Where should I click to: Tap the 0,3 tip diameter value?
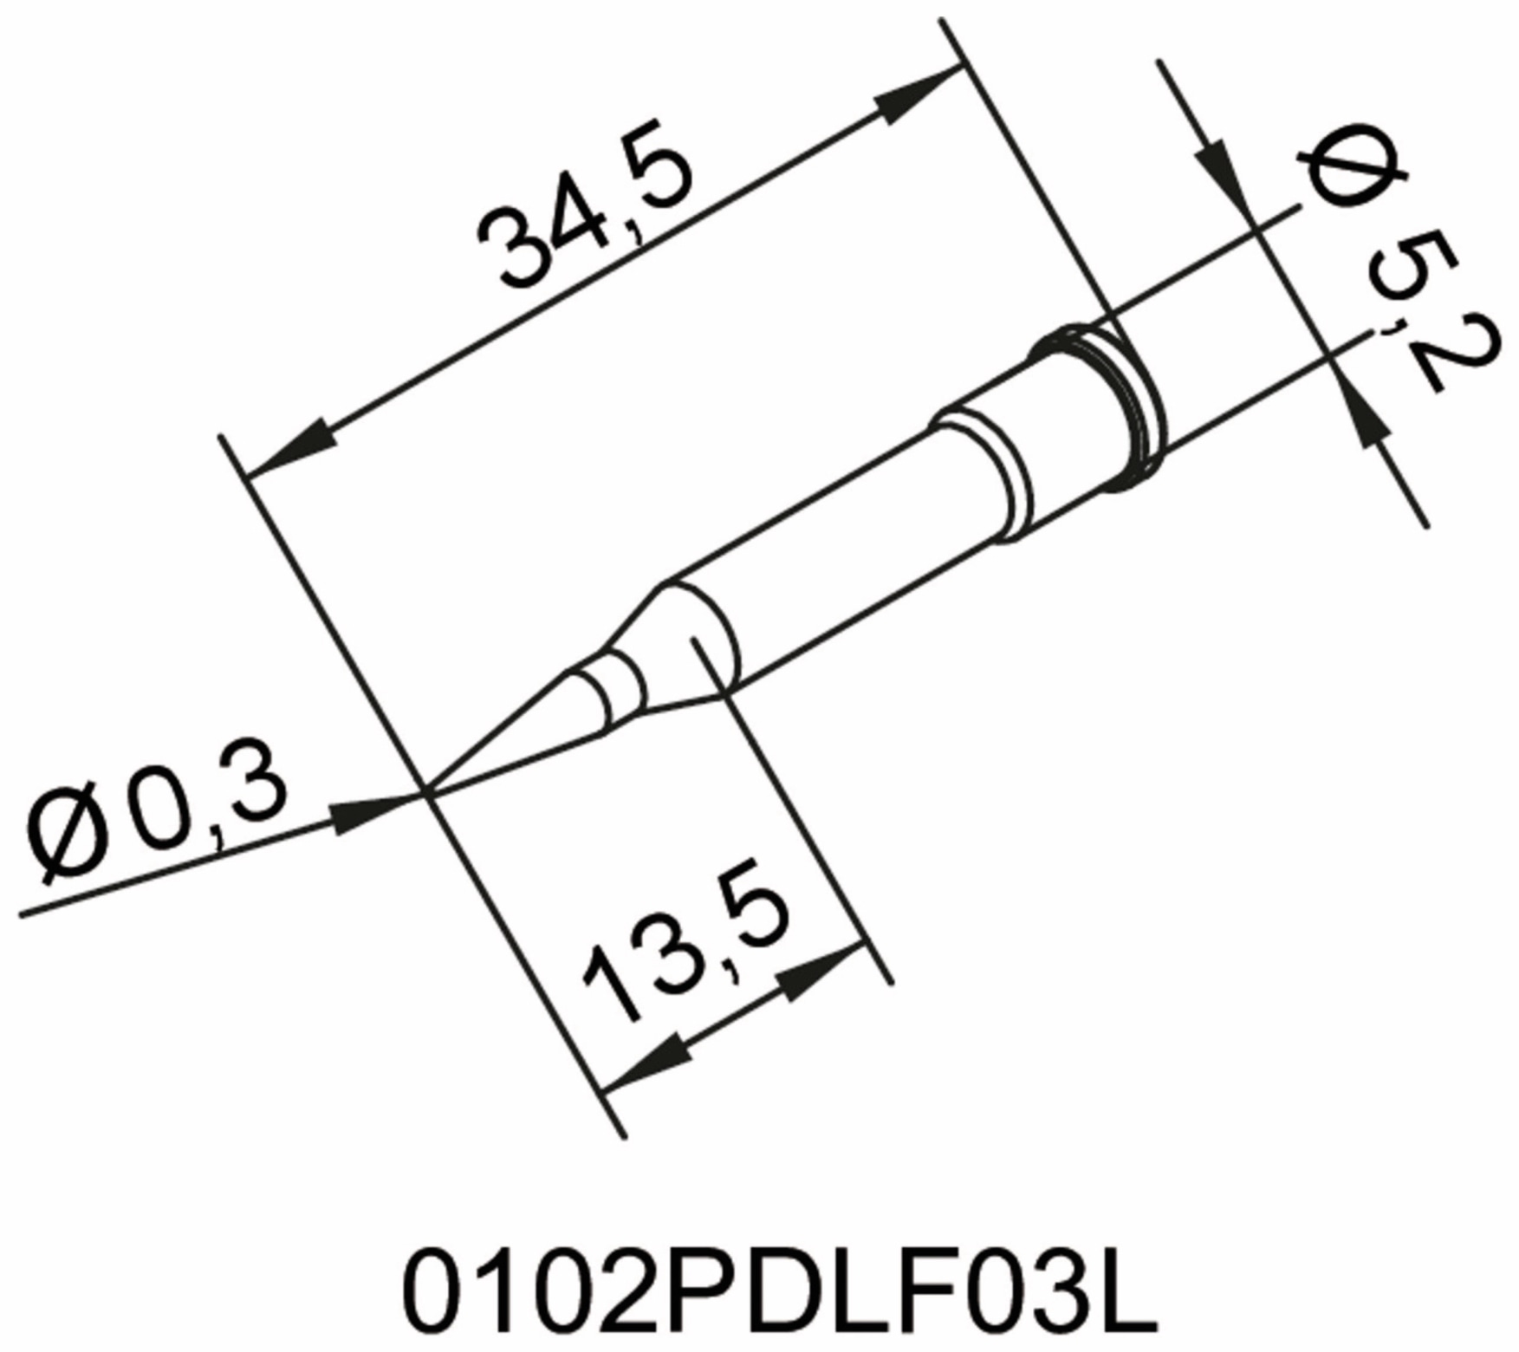click(x=206, y=801)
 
